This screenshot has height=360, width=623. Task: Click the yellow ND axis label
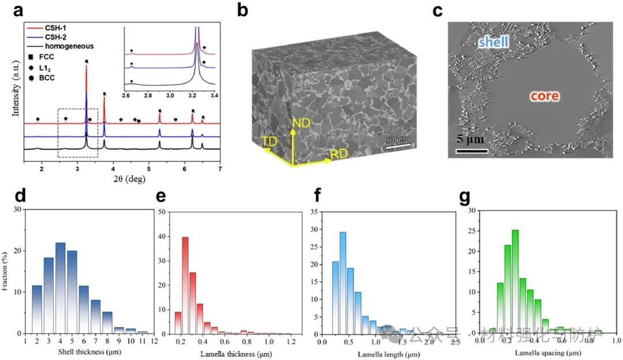(302, 123)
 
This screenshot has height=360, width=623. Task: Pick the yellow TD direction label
(269, 141)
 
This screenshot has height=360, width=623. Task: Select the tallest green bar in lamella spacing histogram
(515, 280)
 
